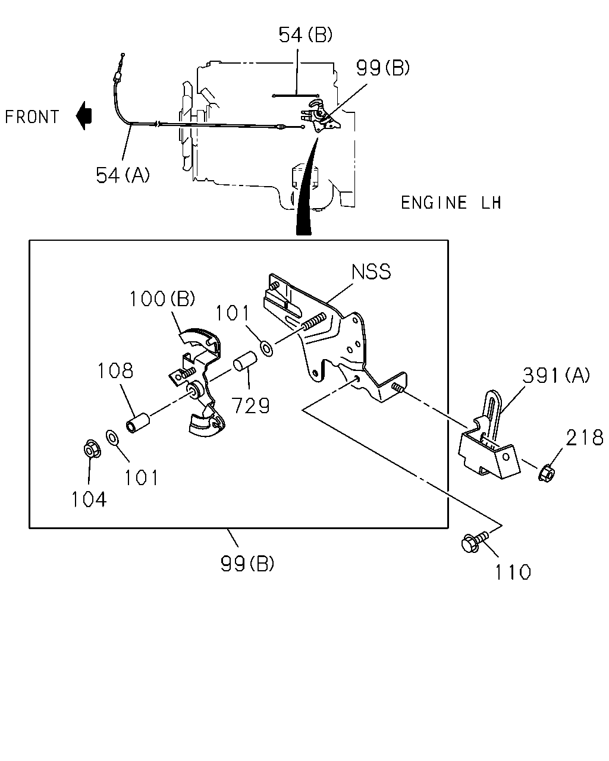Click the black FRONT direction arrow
tap(84, 115)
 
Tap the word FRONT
tap(32, 117)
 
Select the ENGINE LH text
tap(451, 203)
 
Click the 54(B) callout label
tap(306, 34)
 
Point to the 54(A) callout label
tap(123, 175)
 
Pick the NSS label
tap(371, 271)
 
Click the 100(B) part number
tap(162, 298)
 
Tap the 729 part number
tap(250, 405)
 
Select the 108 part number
tap(115, 370)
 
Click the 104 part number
tap(89, 499)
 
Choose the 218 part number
tap(585, 437)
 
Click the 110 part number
tap(513, 572)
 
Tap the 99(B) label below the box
tap(247, 564)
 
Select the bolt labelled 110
tap(475, 542)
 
